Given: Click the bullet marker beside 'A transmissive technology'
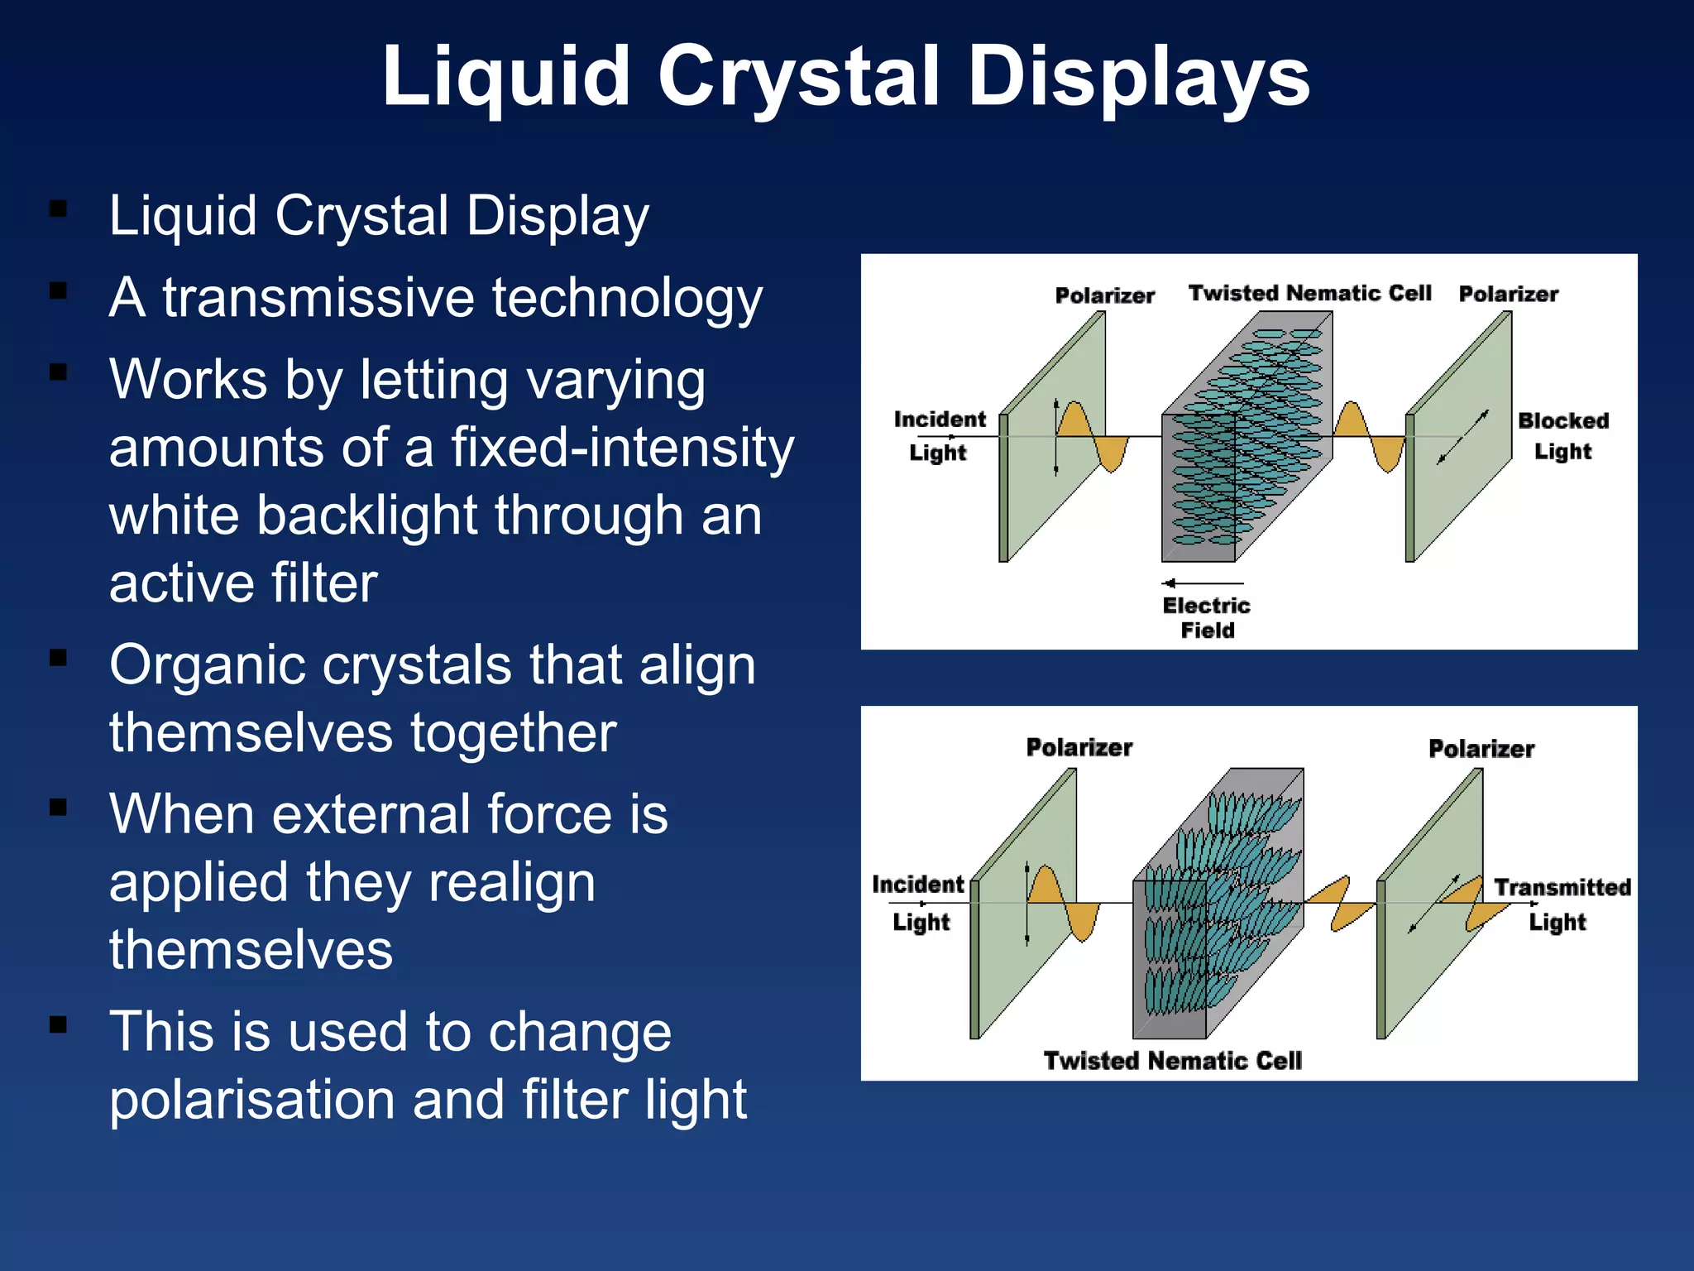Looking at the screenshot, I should (x=58, y=290).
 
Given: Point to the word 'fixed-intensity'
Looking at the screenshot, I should (x=622, y=448).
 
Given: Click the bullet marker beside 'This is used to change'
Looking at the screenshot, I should (x=58, y=1025).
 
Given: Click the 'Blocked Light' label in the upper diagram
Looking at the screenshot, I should (x=1562, y=435).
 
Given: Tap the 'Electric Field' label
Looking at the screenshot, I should (x=1206, y=617).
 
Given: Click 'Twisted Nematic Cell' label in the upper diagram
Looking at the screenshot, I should (x=1309, y=293).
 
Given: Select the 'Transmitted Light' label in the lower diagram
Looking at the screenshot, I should (x=1561, y=904).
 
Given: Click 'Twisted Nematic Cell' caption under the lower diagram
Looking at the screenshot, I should (x=1172, y=1061).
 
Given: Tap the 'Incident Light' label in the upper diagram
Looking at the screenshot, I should (x=939, y=435).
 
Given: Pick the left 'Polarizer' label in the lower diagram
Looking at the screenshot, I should (x=1079, y=747).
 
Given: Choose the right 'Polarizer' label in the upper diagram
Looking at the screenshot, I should (x=1508, y=294).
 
